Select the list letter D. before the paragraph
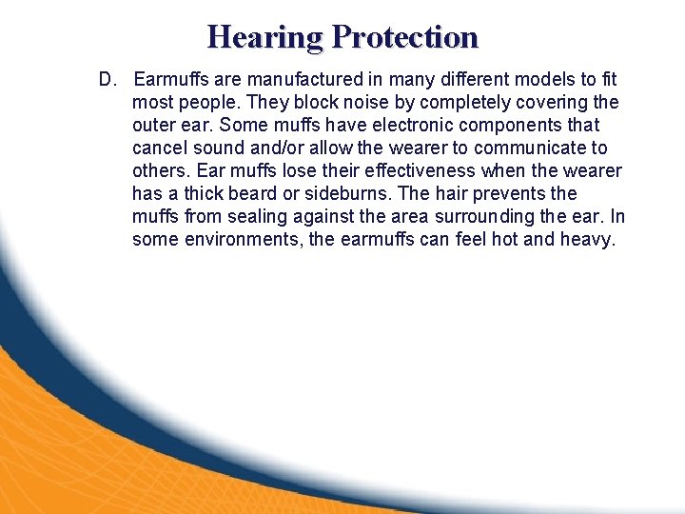[x=108, y=79]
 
